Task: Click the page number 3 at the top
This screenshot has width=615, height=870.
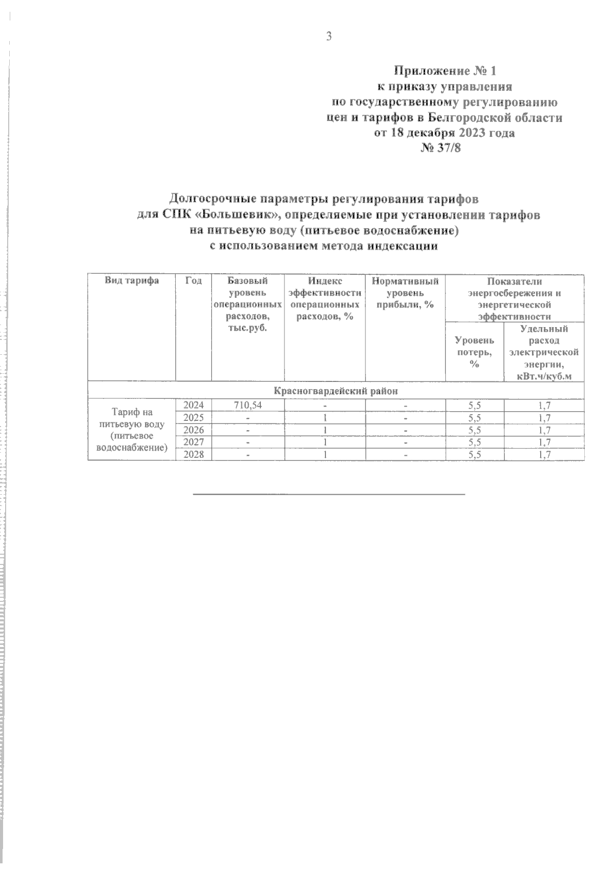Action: (x=329, y=36)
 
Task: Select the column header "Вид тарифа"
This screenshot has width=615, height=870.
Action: (x=132, y=281)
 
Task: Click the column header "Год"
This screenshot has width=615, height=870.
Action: (x=194, y=281)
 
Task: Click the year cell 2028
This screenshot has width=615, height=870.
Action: (x=194, y=454)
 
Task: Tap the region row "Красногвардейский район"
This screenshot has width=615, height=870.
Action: (x=336, y=391)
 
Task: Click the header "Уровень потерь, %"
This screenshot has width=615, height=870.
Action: (x=475, y=352)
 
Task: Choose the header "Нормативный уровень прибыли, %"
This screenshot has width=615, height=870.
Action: (x=405, y=293)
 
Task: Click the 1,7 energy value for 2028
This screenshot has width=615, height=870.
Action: (x=544, y=454)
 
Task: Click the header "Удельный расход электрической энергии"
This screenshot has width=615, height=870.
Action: (x=544, y=352)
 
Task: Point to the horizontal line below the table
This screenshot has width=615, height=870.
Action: (x=329, y=494)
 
